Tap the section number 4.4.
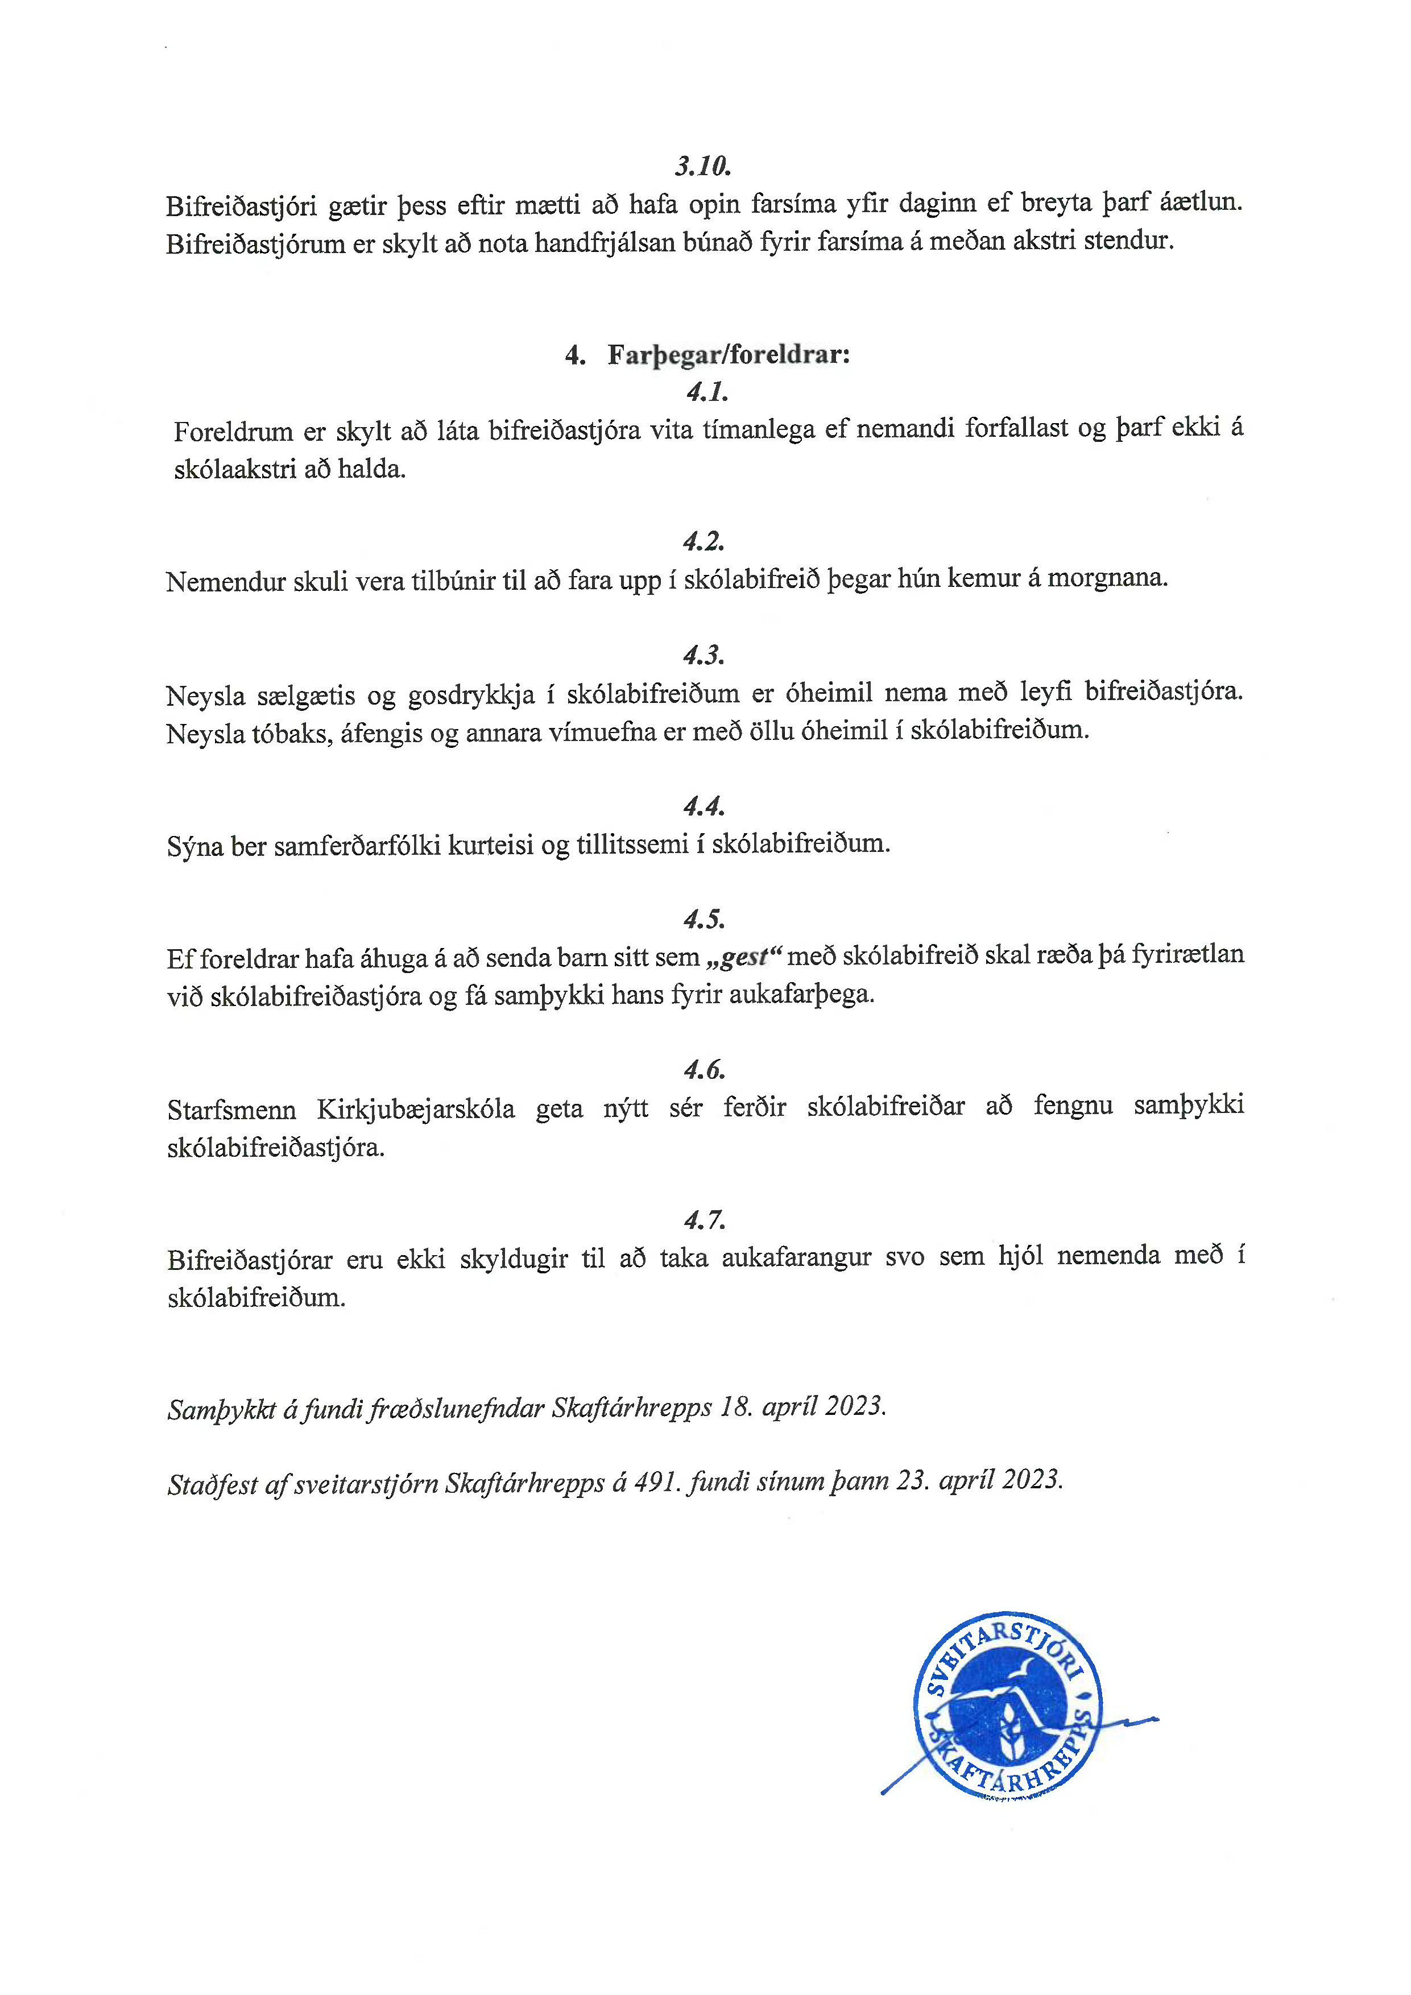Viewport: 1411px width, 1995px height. [704, 807]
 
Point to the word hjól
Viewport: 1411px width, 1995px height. [1020, 1256]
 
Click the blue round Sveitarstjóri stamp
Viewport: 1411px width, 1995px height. [1008, 1707]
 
